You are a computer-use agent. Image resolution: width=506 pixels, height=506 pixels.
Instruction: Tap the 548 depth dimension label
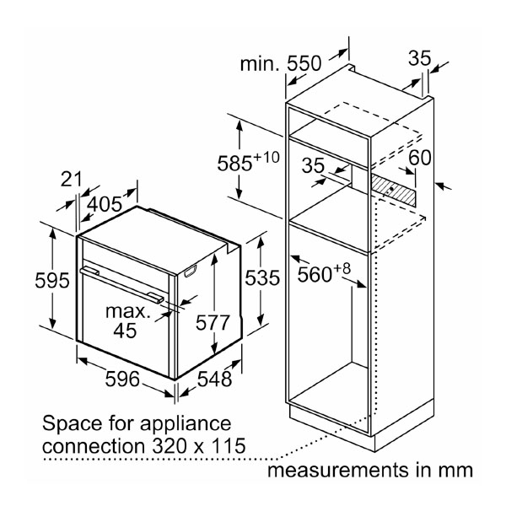pos(215,379)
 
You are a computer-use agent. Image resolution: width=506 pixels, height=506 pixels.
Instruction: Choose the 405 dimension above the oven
pos(105,203)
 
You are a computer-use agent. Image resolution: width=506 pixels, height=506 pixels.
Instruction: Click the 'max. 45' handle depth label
pos(126,321)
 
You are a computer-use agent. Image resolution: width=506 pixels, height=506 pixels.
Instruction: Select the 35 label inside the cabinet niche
pos(314,167)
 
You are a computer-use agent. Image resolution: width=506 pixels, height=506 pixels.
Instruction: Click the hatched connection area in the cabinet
pos(396,190)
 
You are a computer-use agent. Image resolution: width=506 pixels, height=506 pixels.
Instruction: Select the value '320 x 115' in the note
pos(190,444)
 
